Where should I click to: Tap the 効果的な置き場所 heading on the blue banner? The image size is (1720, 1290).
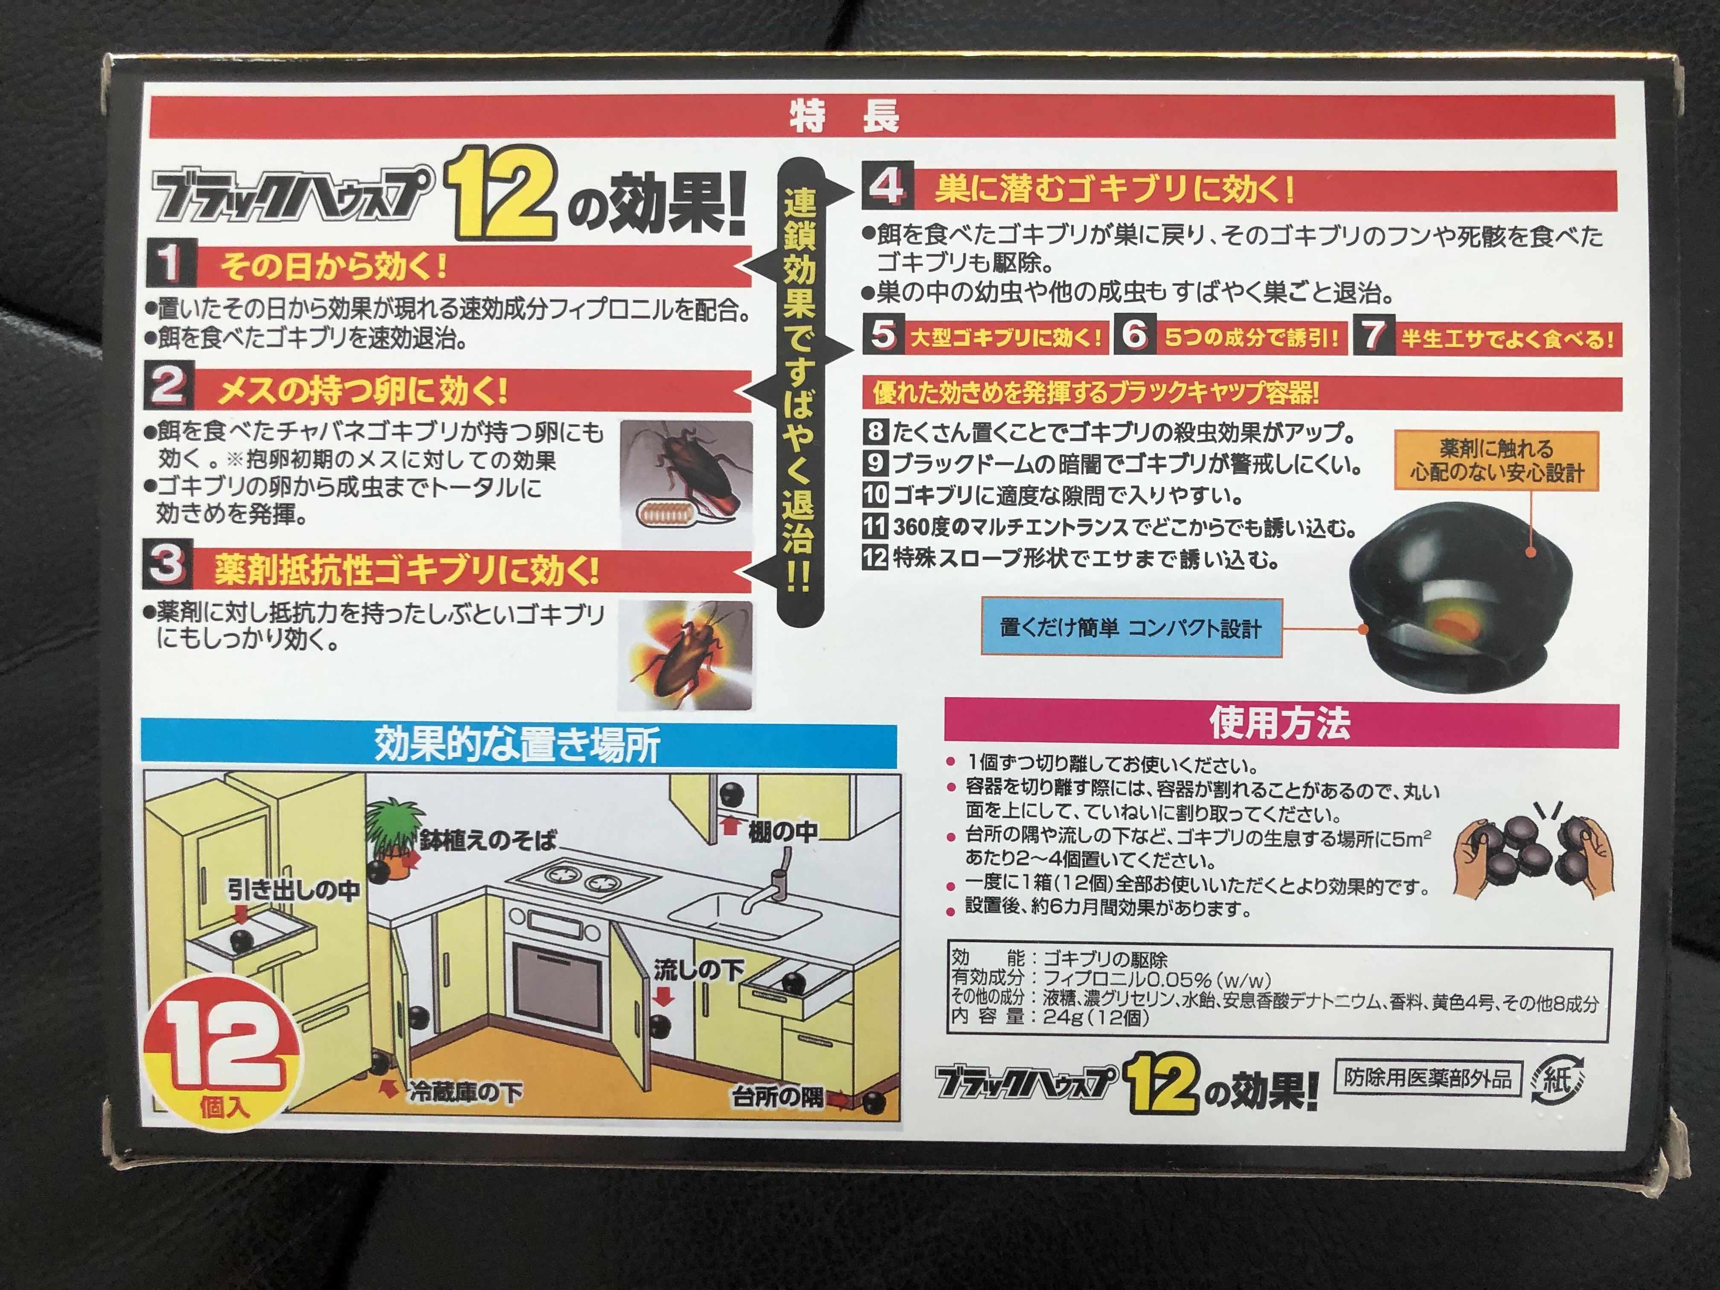point(518,744)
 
